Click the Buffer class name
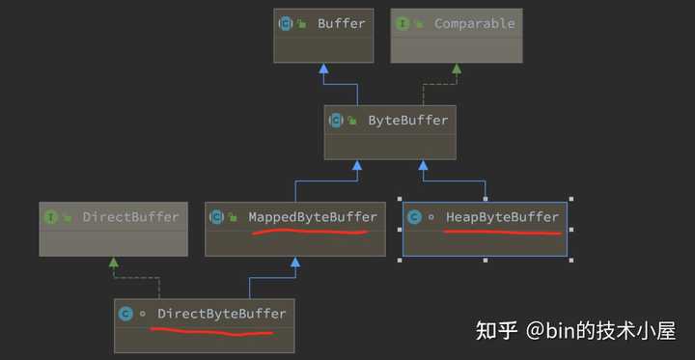[x=342, y=23]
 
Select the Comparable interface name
[x=474, y=23]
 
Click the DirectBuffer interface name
[x=131, y=216]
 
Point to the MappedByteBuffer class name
[x=313, y=216]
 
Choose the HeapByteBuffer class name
[x=502, y=216]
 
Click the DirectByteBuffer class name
[x=221, y=314]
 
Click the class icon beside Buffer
[x=286, y=23]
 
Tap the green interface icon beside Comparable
[x=403, y=23]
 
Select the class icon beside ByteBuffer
[x=336, y=121]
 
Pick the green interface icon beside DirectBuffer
[x=51, y=216]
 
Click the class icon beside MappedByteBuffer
[x=217, y=216]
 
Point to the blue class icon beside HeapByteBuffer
[x=415, y=217]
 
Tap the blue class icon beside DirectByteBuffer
[x=125, y=314]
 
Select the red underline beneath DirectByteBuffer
[x=212, y=333]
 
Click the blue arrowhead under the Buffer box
[x=324, y=69]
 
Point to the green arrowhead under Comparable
[x=456, y=69]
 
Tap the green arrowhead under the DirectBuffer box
[x=114, y=262]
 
